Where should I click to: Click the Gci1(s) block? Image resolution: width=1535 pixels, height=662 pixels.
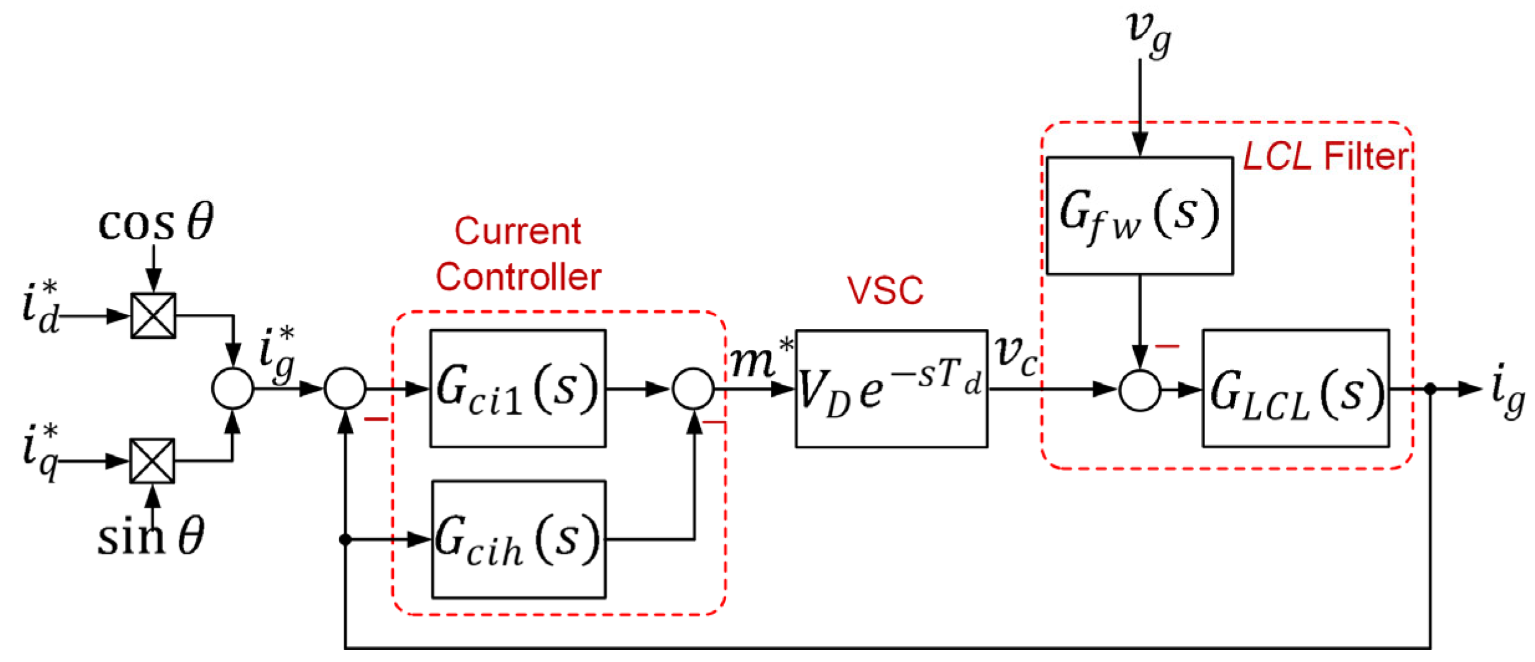(x=517, y=388)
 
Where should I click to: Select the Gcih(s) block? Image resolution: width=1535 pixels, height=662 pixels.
(x=518, y=539)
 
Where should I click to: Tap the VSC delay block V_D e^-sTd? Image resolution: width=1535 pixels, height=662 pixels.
(x=891, y=388)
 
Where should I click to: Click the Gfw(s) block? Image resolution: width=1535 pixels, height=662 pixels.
(x=1139, y=215)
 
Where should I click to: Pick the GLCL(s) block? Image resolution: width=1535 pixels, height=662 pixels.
(x=1295, y=388)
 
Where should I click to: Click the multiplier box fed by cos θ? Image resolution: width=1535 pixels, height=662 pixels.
(x=153, y=315)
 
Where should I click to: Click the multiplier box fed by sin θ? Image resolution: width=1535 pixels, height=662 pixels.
(x=152, y=461)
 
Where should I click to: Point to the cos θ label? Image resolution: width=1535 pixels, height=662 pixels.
(x=155, y=223)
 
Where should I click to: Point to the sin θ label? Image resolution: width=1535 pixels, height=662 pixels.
(x=151, y=536)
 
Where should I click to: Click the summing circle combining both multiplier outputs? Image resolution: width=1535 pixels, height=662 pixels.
(x=232, y=388)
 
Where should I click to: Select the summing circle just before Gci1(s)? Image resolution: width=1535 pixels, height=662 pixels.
(x=345, y=388)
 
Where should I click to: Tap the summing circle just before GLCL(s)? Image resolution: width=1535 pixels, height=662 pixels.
(x=1139, y=390)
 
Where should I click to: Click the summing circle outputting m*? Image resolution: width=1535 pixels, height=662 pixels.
(x=693, y=388)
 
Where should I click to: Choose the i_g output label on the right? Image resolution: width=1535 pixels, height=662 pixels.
(x=1507, y=392)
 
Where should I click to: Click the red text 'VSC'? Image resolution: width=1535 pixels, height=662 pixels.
(x=885, y=290)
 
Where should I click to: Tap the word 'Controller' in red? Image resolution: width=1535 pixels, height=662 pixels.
(x=518, y=277)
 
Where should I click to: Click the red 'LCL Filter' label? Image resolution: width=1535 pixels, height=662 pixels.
(x=1325, y=156)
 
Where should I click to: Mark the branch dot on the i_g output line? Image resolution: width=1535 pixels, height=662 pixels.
(x=1430, y=389)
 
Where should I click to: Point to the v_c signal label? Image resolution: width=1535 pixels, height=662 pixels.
(x=1016, y=356)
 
